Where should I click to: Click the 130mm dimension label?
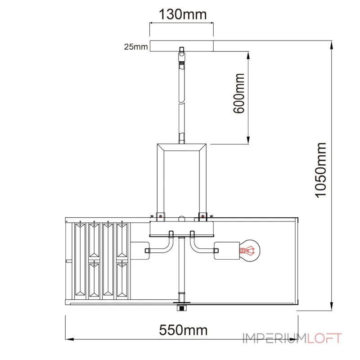(x=183, y=14)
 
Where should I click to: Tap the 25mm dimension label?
(x=136, y=47)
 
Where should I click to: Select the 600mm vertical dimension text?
(x=239, y=93)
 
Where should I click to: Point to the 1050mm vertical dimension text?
(x=320, y=170)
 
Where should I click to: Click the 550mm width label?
(x=183, y=330)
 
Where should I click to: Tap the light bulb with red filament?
(x=250, y=251)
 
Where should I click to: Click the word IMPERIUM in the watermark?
(x=274, y=338)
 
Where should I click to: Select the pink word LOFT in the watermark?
(x=324, y=338)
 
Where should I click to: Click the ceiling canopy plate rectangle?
(x=182, y=46)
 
